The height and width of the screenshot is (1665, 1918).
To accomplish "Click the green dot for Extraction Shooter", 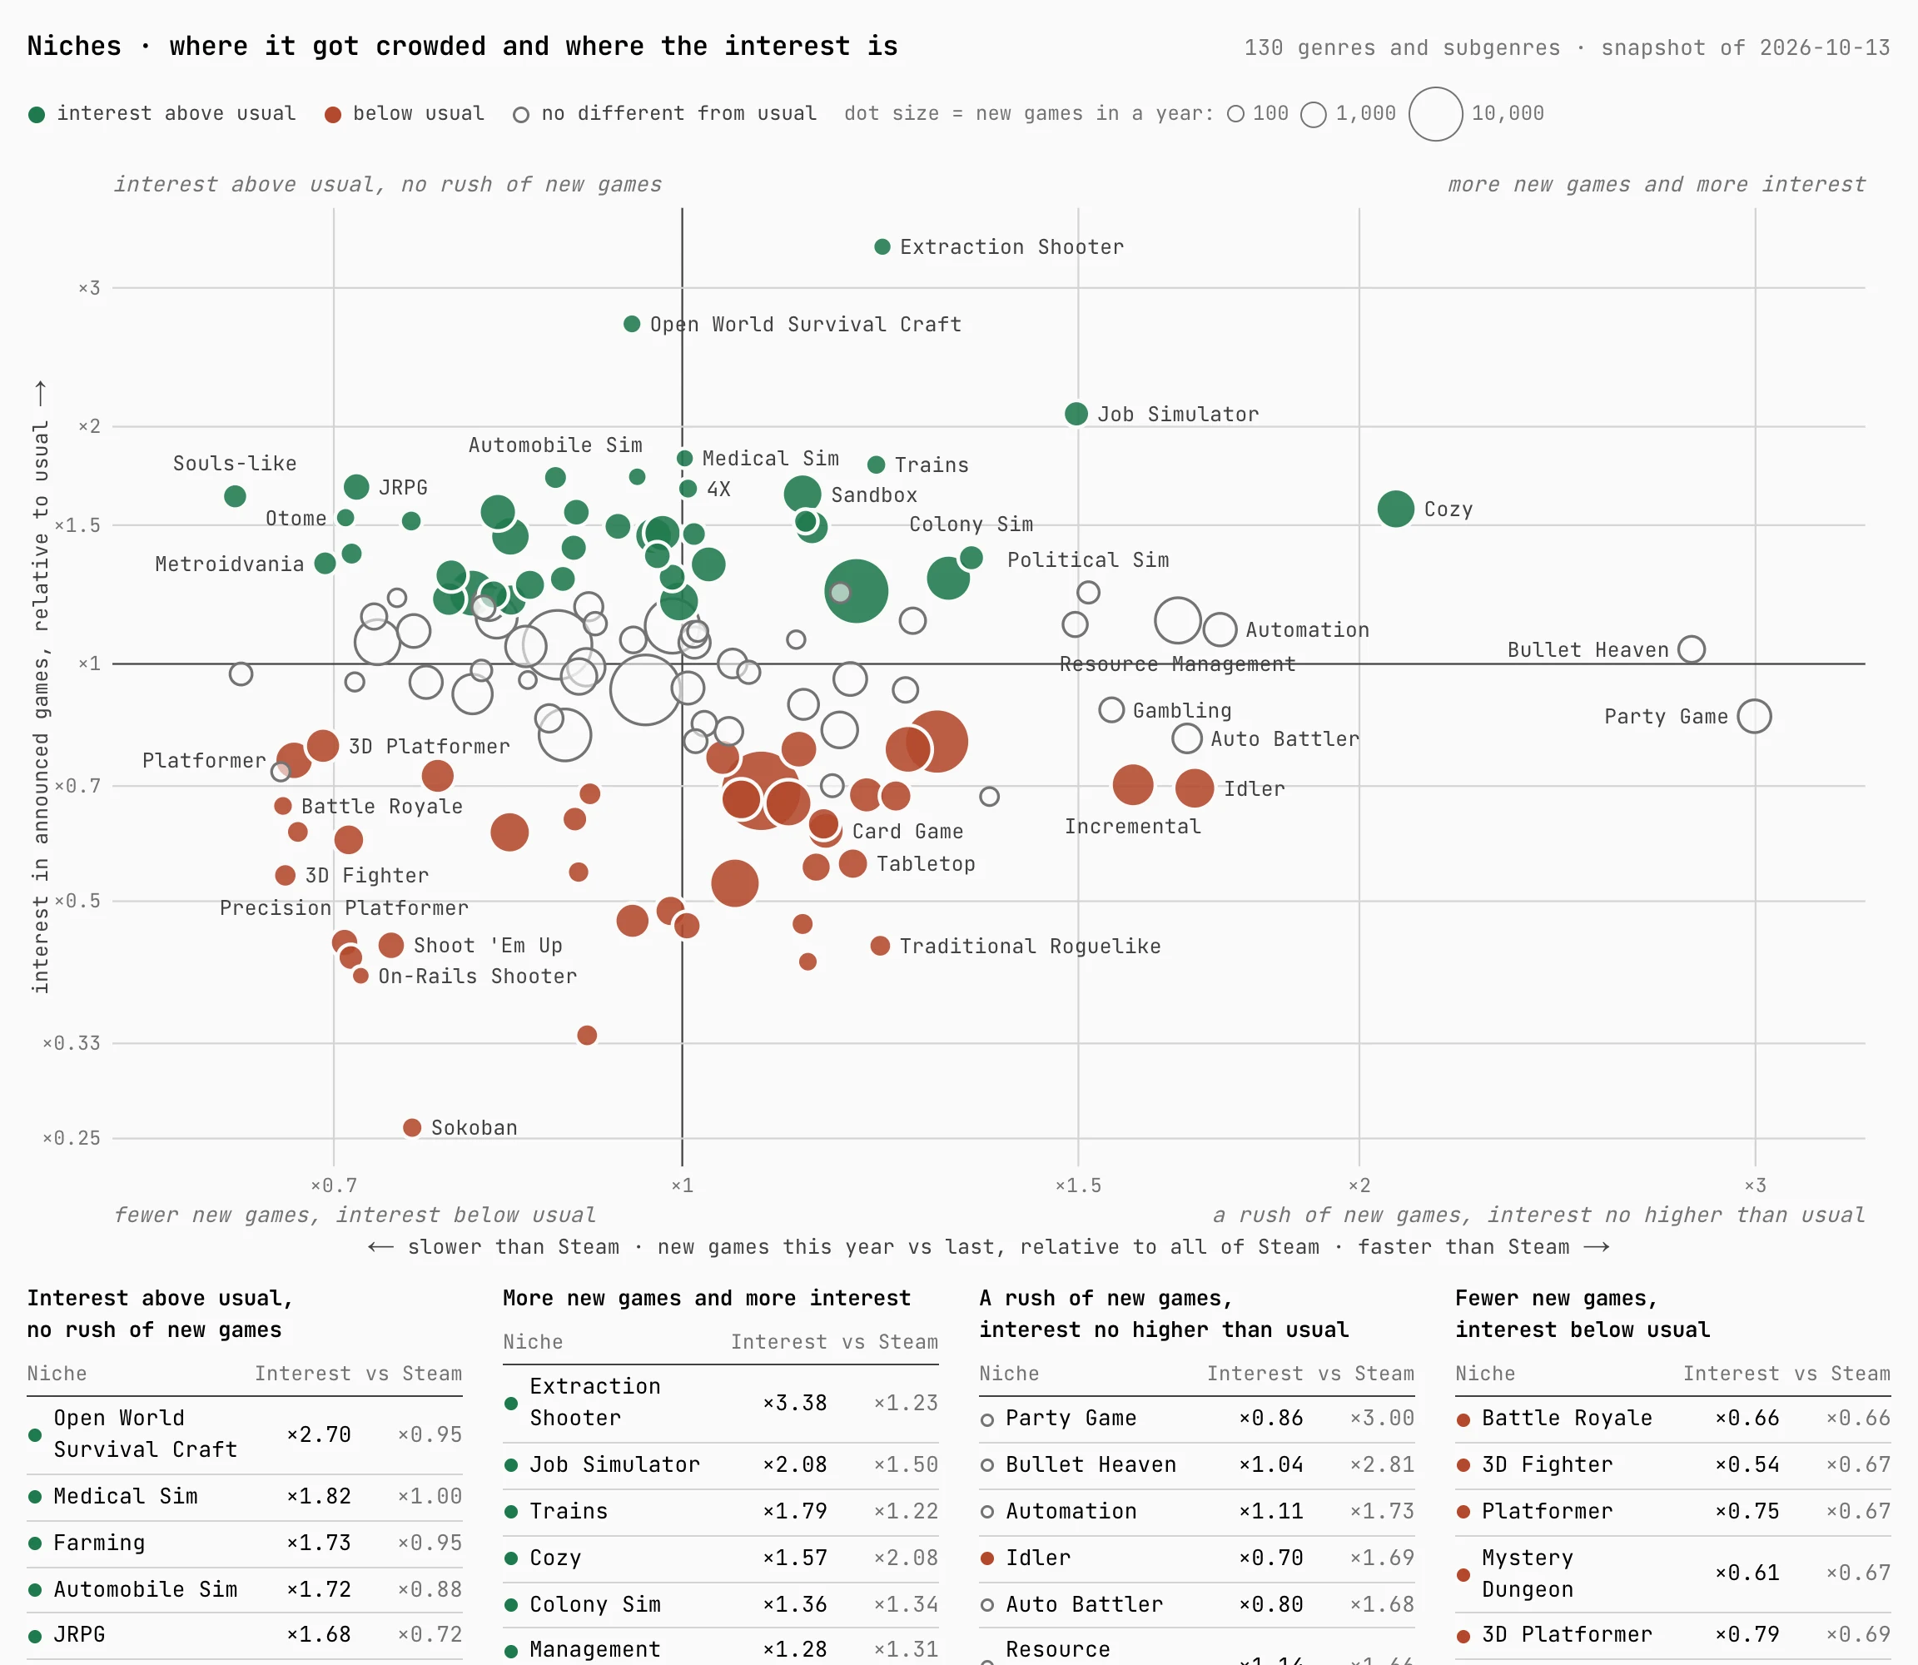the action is click(882, 246).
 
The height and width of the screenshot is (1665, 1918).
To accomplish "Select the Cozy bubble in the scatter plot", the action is click(1396, 508).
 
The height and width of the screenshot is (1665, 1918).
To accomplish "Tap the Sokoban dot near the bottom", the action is click(412, 1127).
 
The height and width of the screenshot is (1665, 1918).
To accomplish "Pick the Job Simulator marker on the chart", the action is click(1076, 414).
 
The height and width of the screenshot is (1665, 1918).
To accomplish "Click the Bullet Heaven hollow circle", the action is click(1692, 649).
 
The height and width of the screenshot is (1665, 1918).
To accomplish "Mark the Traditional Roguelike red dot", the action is click(880, 946).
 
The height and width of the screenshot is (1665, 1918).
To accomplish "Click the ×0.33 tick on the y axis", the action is click(72, 1043).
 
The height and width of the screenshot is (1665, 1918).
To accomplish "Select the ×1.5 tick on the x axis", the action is click(1078, 1185).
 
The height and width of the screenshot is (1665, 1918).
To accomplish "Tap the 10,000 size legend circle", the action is click(1436, 114).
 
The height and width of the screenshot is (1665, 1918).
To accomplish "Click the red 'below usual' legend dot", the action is click(333, 114).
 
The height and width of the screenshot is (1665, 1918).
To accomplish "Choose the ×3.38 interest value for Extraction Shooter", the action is click(794, 1403).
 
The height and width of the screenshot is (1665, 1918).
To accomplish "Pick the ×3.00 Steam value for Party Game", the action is click(1382, 1418).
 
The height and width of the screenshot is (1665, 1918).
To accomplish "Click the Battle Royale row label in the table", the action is click(1567, 1418).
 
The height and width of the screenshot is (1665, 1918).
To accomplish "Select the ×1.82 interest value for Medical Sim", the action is click(319, 1496).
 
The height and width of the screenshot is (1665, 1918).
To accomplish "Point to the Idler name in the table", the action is click(1038, 1558).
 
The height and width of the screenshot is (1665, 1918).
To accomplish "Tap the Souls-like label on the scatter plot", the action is click(235, 464).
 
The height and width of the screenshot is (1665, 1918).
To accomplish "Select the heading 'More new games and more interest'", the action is click(706, 1298).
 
